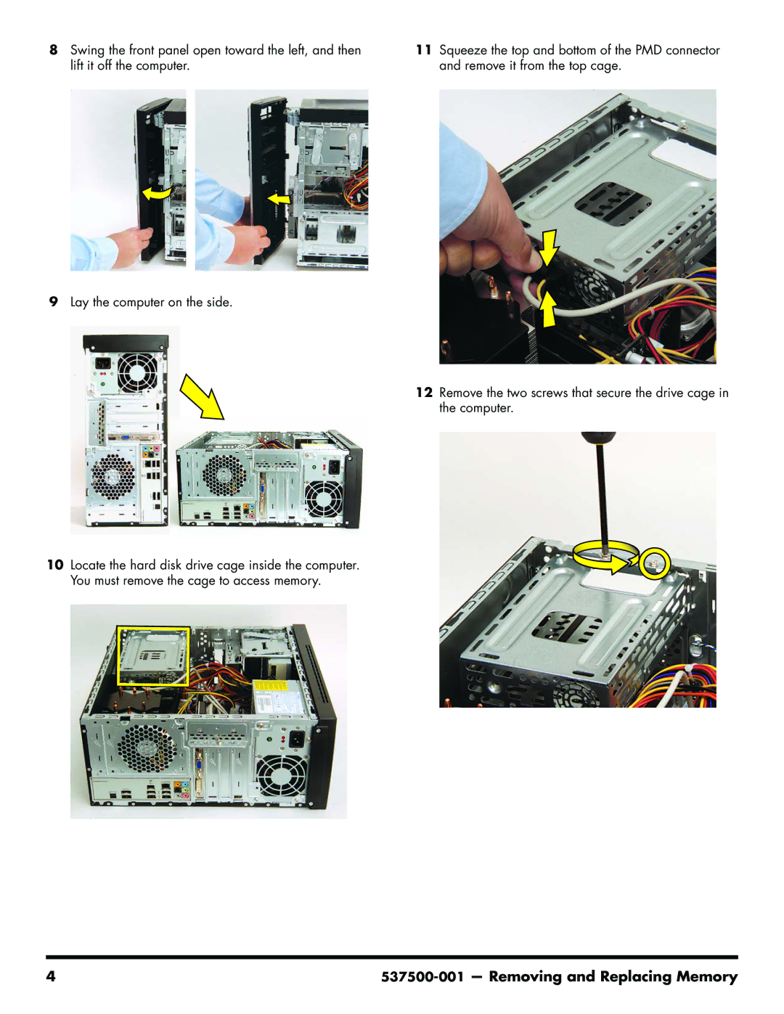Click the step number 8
[53, 50]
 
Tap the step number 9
[53, 302]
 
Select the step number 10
[55, 565]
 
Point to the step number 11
[424, 50]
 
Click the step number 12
[424, 393]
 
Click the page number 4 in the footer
[50, 977]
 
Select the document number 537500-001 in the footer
[422, 977]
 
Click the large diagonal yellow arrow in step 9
[202, 396]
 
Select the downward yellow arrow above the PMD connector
[548, 248]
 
